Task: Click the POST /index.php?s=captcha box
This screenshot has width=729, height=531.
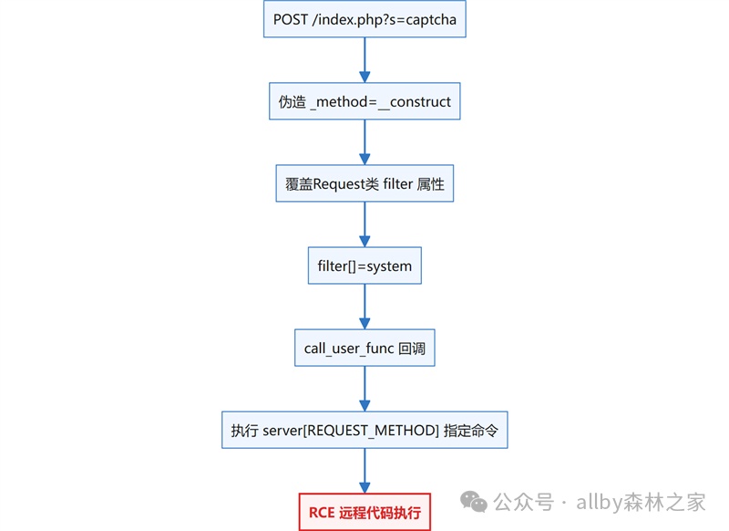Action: pyautogui.click(x=364, y=19)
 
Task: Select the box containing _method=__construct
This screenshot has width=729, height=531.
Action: pyautogui.click(x=364, y=101)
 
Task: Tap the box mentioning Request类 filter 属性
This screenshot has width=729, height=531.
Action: pyautogui.click(x=364, y=183)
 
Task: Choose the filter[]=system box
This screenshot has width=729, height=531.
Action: pyautogui.click(x=364, y=265)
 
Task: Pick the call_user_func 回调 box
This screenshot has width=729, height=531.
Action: pyautogui.click(x=364, y=349)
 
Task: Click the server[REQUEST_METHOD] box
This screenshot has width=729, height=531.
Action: pyautogui.click(x=364, y=430)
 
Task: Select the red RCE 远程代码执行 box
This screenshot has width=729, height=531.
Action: pyautogui.click(x=364, y=512)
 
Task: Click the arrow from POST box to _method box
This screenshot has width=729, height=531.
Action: pyautogui.click(x=364, y=60)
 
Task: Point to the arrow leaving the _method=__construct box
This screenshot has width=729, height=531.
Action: pyautogui.click(x=364, y=142)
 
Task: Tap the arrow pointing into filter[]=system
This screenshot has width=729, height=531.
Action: pyautogui.click(x=364, y=224)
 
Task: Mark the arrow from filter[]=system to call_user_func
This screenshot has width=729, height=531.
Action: pyautogui.click(x=364, y=307)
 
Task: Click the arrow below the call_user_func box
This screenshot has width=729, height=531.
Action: pyautogui.click(x=364, y=389)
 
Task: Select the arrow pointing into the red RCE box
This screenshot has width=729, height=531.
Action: pyautogui.click(x=364, y=471)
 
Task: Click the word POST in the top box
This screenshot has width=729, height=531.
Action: pyautogui.click(x=291, y=19)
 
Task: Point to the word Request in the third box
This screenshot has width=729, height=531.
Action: pyautogui.click(x=339, y=184)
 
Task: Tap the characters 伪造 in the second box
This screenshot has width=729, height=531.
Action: pyautogui.click(x=293, y=102)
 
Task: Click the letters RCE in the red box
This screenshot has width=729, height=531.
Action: pyautogui.click(x=322, y=513)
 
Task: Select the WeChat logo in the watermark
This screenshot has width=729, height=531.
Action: pyautogui.click(x=473, y=502)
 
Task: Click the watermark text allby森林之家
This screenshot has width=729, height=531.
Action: pyautogui.click(x=641, y=502)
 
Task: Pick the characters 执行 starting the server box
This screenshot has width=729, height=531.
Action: pyautogui.click(x=244, y=431)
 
